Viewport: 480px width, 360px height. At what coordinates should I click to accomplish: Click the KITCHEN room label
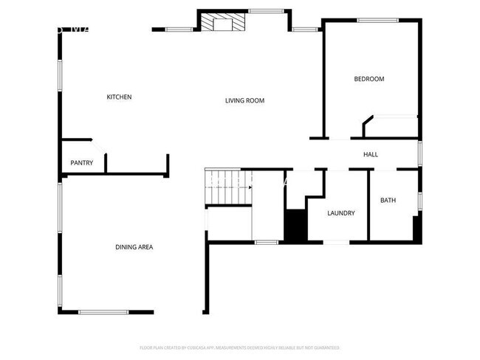click(119, 97)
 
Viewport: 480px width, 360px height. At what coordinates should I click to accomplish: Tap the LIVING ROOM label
click(244, 100)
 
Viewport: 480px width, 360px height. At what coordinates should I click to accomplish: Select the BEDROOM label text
click(368, 79)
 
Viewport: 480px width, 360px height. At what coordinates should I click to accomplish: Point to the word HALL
click(371, 154)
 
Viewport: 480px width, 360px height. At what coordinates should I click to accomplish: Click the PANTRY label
click(81, 162)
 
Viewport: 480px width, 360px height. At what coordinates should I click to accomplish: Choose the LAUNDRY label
click(340, 213)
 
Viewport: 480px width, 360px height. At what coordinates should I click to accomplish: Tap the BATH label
click(388, 201)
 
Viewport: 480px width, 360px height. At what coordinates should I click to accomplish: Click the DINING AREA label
click(134, 247)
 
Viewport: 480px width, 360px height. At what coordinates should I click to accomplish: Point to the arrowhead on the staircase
click(250, 187)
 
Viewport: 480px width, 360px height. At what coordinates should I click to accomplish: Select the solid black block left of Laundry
click(295, 226)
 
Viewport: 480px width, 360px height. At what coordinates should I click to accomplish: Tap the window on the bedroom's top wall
click(377, 20)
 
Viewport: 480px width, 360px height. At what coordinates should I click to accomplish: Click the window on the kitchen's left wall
click(61, 75)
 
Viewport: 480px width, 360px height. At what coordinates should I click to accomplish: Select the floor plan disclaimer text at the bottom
click(239, 347)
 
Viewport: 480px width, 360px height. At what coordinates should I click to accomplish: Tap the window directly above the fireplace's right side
click(261, 11)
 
